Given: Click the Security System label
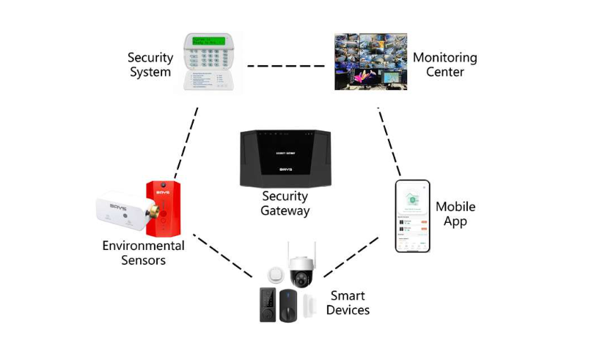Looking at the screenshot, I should (x=150, y=65).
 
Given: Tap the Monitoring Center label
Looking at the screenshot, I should (x=444, y=65).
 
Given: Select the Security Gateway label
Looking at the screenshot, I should (x=285, y=203).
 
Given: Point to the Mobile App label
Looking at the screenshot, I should (x=455, y=214).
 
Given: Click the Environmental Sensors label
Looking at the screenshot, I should (x=143, y=252).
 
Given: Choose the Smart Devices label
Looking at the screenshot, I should (x=348, y=303).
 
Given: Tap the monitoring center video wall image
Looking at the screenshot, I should (x=371, y=62).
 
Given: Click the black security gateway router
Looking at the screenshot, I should (x=285, y=158).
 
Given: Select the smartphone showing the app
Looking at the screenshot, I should (x=412, y=216).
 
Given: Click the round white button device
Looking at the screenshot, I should (x=275, y=276).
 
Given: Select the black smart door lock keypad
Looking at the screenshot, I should (x=267, y=304).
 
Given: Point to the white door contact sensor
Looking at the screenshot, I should (x=307, y=302).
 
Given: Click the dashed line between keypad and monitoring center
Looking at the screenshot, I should (x=285, y=66).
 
